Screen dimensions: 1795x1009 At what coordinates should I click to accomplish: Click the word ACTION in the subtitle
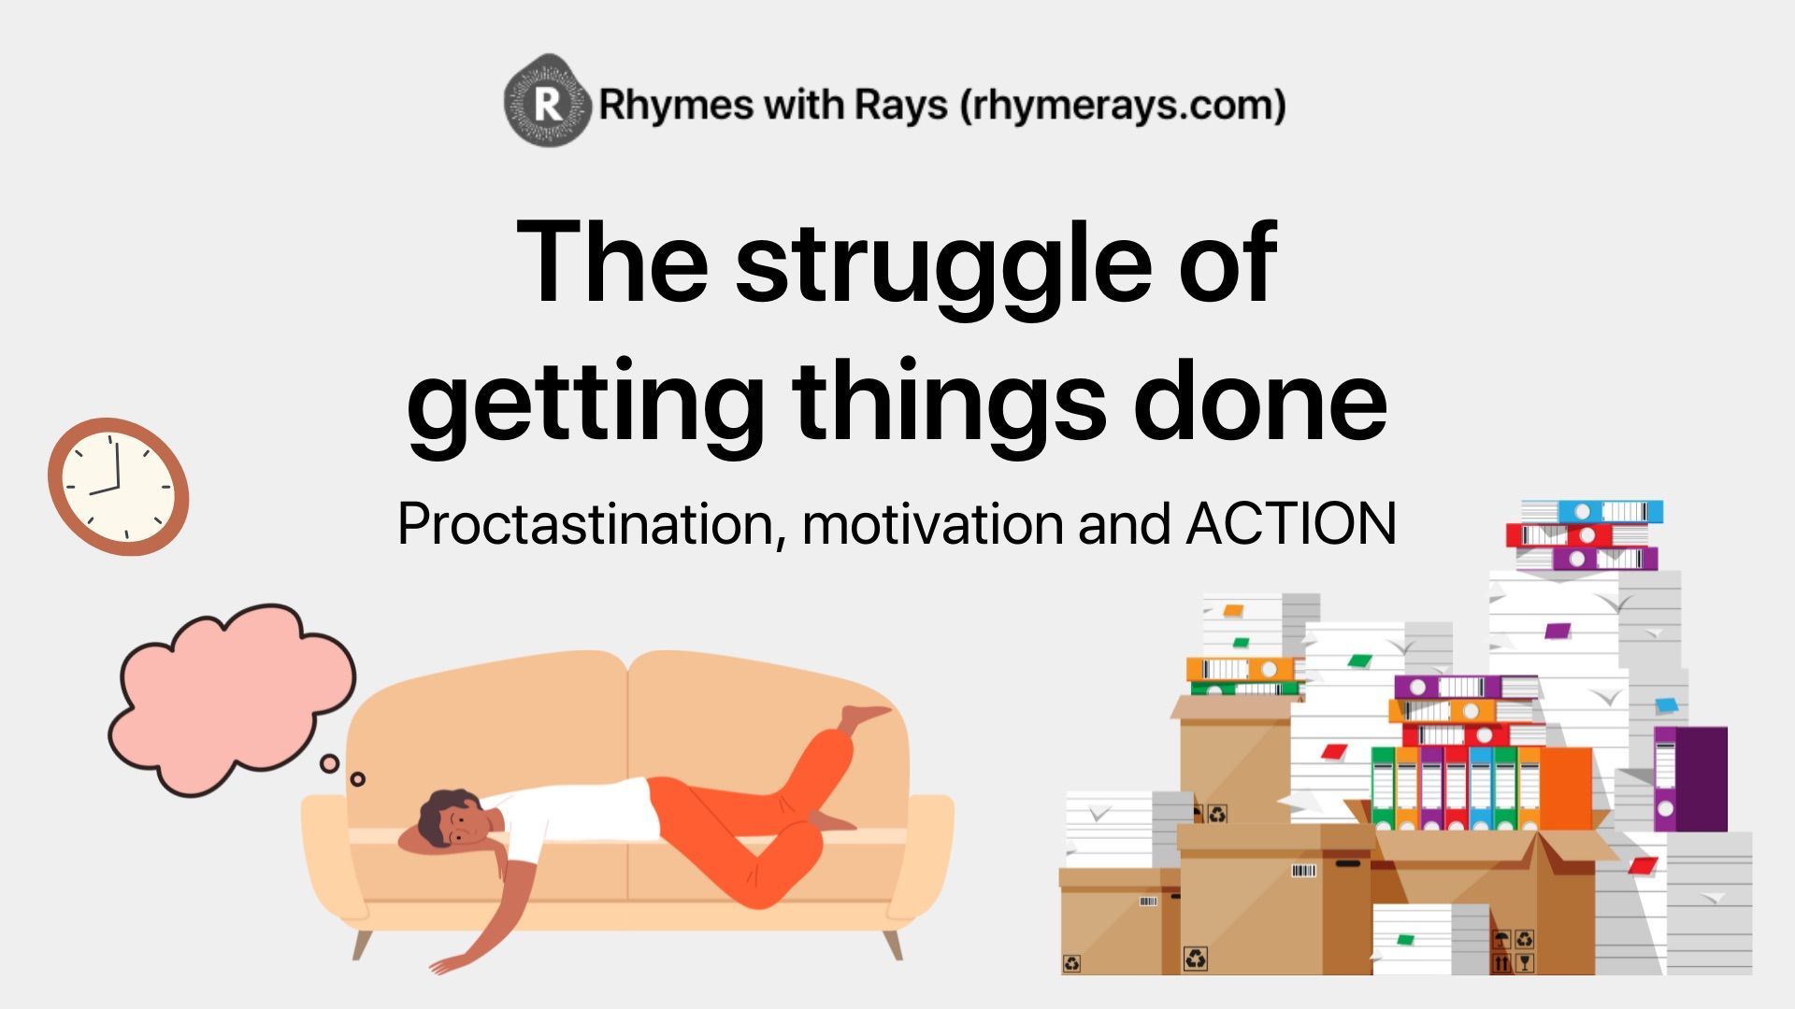coord(1291,523)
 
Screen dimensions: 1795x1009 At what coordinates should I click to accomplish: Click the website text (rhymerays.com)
coord(1123,105)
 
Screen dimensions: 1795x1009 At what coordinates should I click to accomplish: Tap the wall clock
coord(119,487)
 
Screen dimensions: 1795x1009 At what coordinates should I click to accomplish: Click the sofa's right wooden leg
coord(893,944)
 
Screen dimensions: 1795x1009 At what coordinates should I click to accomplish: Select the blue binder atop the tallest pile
coord(1591,511)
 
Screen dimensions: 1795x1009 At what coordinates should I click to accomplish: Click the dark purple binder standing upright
coord(1690,779)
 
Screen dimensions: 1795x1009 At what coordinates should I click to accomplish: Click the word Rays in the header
coord(900,106)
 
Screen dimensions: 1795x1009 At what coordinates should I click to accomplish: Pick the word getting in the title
coord(585,404)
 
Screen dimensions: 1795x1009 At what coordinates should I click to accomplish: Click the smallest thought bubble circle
coord(357,779)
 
